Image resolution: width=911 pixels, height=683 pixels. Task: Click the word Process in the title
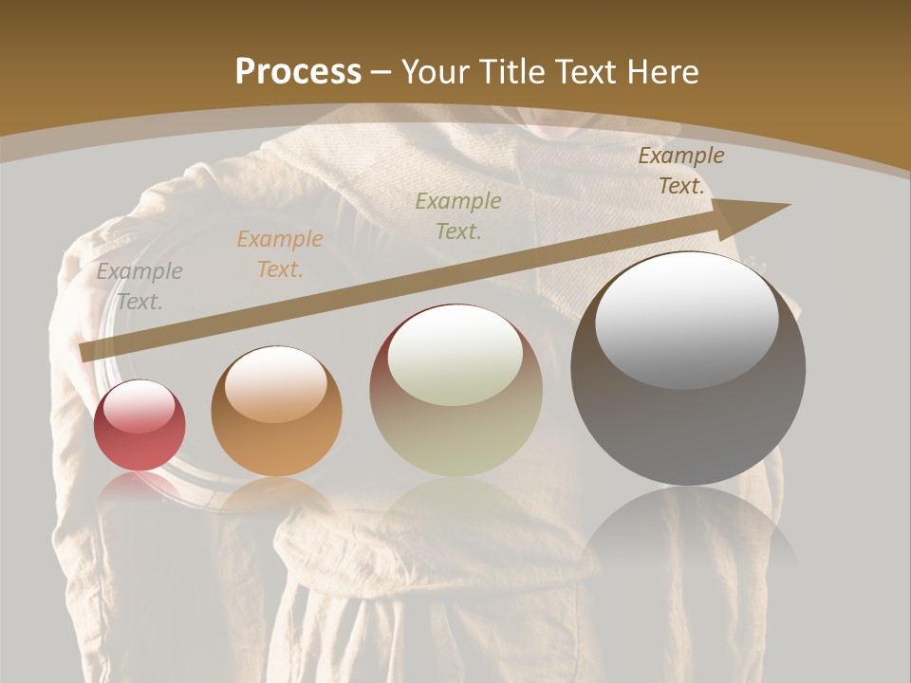click(x=298, y=72)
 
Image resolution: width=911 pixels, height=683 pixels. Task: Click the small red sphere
click(x=139, y=425)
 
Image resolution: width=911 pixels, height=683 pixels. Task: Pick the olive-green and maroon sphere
click(x=455, y=391)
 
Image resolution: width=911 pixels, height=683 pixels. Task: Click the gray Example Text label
click(x=139, y=286)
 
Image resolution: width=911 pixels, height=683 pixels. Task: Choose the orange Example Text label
click(x=280, y=254)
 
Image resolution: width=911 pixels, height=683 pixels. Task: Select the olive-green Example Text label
click(x=458, y=215)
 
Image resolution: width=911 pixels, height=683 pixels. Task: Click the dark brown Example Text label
click(x=680, y=171)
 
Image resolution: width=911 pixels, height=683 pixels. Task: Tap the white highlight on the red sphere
click(x=139, y=406)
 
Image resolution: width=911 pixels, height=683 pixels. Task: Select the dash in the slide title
click(x=381, y=72)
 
